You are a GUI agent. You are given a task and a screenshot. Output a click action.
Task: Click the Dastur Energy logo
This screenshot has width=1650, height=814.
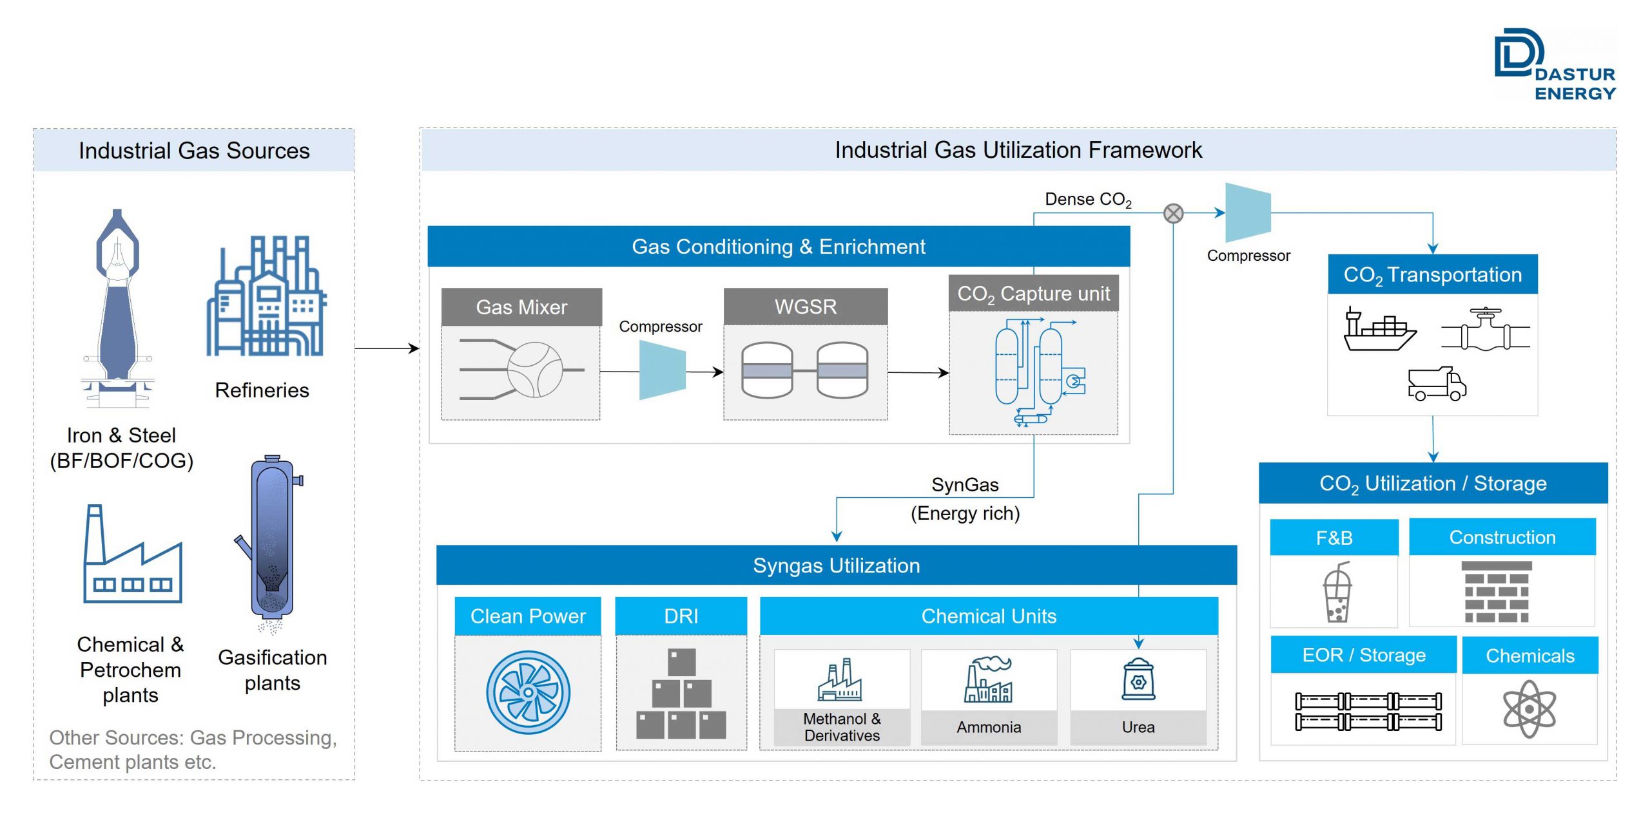point(1553,64)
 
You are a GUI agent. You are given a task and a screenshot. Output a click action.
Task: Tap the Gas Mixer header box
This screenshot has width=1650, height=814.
point(521,307)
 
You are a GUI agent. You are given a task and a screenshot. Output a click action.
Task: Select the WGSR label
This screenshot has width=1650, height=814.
point(806,307)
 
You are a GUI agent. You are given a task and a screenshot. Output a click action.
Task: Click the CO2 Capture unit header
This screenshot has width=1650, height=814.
point(1033,294)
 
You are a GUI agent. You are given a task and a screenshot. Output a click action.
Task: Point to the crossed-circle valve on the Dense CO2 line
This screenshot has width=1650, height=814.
point(1173,213)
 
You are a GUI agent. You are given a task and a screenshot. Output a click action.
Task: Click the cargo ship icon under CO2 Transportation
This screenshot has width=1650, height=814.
point(1379,330)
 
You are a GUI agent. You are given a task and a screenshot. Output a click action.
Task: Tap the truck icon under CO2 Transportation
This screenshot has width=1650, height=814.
point(1437,384)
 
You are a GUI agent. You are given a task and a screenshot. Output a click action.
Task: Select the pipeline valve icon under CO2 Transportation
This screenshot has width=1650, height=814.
point(1485,330)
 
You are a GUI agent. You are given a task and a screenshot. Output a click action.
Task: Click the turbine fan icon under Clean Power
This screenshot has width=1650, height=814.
point(528,692)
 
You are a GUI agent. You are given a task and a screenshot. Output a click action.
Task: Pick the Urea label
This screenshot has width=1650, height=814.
point(1138,727)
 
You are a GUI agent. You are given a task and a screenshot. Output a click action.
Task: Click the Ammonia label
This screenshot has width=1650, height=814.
point(989,727)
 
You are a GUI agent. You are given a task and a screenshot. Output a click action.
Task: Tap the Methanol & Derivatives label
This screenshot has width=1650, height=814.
point(842,727)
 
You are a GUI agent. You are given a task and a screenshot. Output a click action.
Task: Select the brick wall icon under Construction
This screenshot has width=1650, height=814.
point(1496,591)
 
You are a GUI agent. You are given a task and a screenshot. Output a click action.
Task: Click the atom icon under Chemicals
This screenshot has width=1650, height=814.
point(1529,708)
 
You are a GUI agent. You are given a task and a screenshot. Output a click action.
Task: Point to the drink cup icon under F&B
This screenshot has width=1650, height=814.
point(1337,592)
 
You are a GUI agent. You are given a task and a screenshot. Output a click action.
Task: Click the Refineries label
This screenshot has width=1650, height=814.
point(262,390)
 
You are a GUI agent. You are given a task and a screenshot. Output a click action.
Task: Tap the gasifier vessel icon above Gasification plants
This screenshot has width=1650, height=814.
point(271,541)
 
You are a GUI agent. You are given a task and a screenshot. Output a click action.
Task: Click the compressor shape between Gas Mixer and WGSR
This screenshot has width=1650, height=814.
point(662,370)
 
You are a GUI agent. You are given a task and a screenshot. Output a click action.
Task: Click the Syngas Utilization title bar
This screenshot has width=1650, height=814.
point(836,565)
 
